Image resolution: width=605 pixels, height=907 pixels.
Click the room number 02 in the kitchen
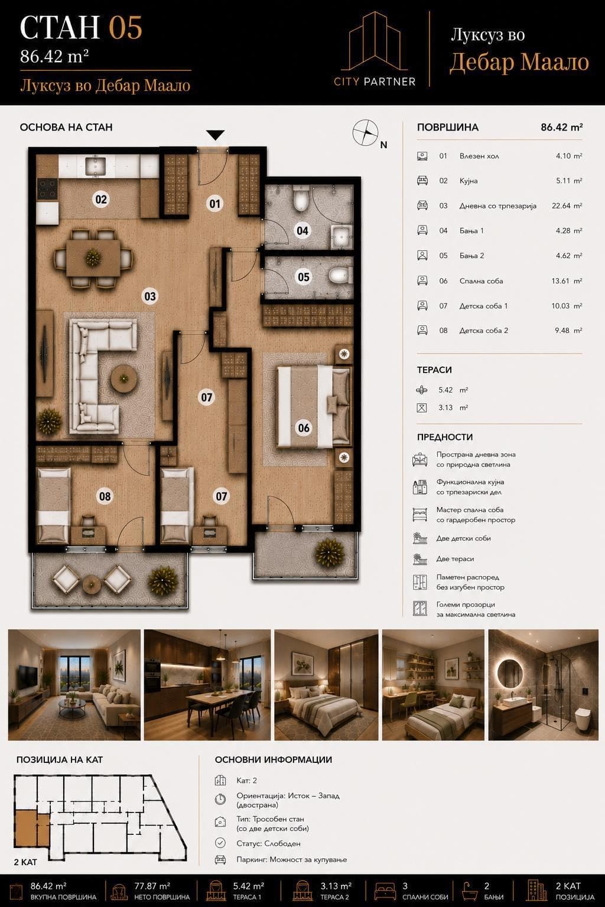click(x=101, y=199)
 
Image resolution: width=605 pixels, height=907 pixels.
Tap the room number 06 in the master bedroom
click(x=304, y=428)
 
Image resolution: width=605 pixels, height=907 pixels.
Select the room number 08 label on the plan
click(x=105, y=496)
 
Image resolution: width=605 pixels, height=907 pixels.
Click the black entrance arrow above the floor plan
click(x=215, y=135)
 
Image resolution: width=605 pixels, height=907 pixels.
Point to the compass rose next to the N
click(x=365, y=132)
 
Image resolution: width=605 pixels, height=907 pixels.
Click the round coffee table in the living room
click(x=123, y=379)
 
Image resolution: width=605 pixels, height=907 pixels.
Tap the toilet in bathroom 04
click(x=301, y=199)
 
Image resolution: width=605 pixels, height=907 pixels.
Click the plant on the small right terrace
click(x=330, y=553)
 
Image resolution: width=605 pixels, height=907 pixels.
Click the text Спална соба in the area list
click(x=481, y=281)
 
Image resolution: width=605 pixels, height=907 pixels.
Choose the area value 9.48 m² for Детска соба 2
click(x=568, y=331)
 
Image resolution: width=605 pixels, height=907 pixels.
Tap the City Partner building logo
click(x=375, y=48)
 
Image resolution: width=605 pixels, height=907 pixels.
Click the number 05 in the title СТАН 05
click(x=126, y=28)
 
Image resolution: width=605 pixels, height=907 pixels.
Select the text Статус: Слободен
click(x=269, y=843)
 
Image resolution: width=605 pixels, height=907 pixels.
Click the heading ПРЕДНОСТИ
click(x=444, y=437)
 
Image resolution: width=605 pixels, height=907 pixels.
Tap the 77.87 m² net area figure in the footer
click(x=152, y=886)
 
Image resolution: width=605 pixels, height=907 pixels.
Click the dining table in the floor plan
click(x=93, y=258)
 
